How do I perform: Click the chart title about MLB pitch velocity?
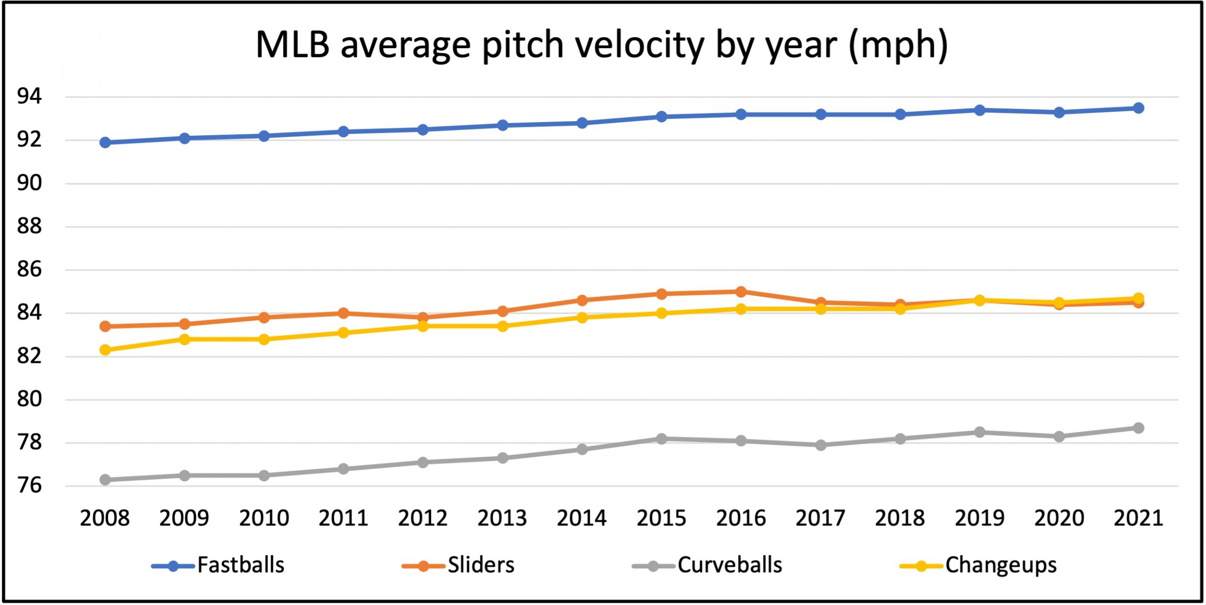coord(602,45)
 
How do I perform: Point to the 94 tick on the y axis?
coord(29,97)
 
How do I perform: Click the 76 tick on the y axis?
coord(29,485)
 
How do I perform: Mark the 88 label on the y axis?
coord(29,226)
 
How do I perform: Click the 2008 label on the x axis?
coord(105,518)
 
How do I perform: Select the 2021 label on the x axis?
coord(1138,518)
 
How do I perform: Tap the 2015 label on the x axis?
coord(661,518)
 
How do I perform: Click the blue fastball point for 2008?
coord(105,142)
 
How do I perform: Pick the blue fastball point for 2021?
coord(1138,108)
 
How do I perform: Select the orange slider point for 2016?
coord(741,292)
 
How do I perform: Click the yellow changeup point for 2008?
coord(105,350)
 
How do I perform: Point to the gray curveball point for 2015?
coord(661,439)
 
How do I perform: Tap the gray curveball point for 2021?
coord(1138,428)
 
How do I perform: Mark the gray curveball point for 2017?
coord(821,445)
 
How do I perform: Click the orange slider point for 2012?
coord(423,317)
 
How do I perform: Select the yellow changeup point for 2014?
coord(582,318)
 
